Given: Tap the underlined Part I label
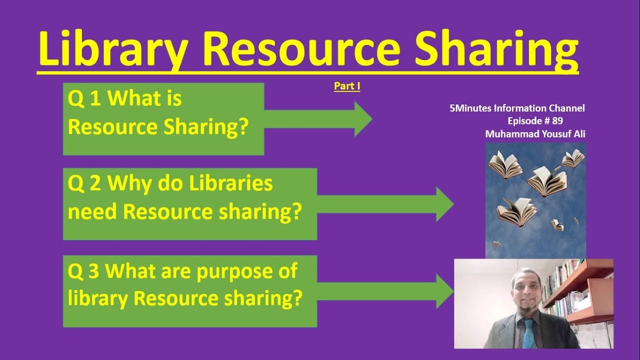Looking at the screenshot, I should click(347, 86).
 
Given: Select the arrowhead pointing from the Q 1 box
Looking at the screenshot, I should click(362, 119).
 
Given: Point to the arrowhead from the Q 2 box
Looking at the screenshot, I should click(444, 204).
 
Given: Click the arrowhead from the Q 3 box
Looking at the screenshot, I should click(444, 291).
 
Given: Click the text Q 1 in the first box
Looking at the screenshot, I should click(84, 99).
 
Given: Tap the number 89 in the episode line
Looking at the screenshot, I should click(558, 120).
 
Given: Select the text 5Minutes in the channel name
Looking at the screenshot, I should click(470, 108).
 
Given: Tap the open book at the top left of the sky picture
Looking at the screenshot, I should click(505, 165).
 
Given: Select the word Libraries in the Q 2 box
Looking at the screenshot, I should click(231, 184).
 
